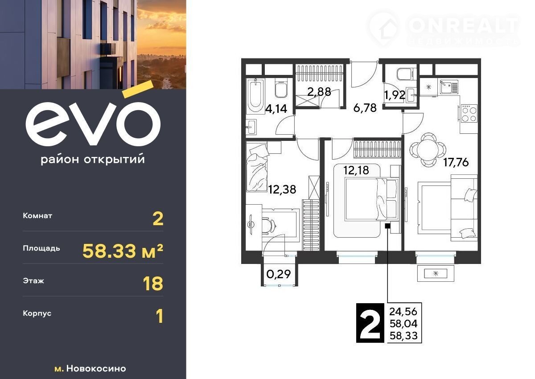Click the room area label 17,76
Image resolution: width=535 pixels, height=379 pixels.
click(x=456, y=162)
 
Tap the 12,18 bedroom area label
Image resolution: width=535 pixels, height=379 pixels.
click(x=356, y=170)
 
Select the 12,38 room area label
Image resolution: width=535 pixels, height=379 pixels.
click(x=282, y=189)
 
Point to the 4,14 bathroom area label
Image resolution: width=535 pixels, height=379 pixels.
click(x=276, y=109)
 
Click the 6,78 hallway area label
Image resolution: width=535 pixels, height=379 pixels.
click(x=365, y=108)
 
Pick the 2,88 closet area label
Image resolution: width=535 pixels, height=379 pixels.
click(x=319, y=92)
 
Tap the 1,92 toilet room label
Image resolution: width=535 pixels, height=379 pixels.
click(x=395, y=95)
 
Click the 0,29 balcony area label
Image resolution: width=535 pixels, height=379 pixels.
click(x=279, y=274)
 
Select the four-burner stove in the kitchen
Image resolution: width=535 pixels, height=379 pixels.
click(x=469, y=114)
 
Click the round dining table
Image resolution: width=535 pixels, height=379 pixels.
click(x=428, y=150)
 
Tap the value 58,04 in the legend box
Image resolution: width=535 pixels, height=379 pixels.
click(x=403, y=324)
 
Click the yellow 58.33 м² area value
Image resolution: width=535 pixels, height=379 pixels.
click(x=123, y=251)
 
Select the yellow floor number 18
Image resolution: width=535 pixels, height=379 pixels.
click(x=153, y=284)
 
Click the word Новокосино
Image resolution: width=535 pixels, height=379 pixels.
click(x=96, y=368)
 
